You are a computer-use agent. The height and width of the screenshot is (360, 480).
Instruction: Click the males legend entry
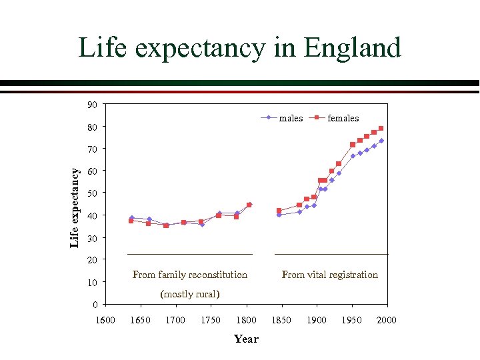(x=291, y=118)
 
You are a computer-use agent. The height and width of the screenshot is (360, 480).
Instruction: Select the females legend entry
(x=343, y=118)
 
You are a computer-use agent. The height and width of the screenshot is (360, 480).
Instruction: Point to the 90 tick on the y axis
(x=92, y=105)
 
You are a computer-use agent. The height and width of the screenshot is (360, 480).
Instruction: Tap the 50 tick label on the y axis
(x=92, y=193)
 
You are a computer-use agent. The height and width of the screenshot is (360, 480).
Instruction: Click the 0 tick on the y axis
(x=95, y=305)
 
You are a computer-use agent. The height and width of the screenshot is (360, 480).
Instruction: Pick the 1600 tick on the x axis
(x=105, y=321)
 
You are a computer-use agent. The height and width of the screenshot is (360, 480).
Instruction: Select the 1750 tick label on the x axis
(x=211, y=321)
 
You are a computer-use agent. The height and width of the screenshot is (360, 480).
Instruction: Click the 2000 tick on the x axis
(x=387, y=321)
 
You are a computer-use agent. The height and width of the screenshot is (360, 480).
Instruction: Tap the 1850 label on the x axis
(x=281, y=321)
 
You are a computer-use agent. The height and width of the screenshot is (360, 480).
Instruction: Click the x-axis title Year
(x=246, y=339)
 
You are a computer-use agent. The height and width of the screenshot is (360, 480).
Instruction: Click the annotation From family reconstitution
(x=190, y=275)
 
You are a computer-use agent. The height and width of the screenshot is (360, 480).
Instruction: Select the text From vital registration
(x=330, y=275)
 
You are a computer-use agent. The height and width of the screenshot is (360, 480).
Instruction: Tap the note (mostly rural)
(x=190, y=294)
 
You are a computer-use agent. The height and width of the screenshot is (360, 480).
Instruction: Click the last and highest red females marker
(x=381, y=128)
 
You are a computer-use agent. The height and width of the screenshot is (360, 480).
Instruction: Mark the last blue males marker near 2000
(x=381, y=141)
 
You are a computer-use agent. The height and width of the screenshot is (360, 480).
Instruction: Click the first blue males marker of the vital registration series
(x=279, y=215)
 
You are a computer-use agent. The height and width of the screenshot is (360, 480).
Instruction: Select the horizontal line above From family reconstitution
(x=190, y=254)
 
